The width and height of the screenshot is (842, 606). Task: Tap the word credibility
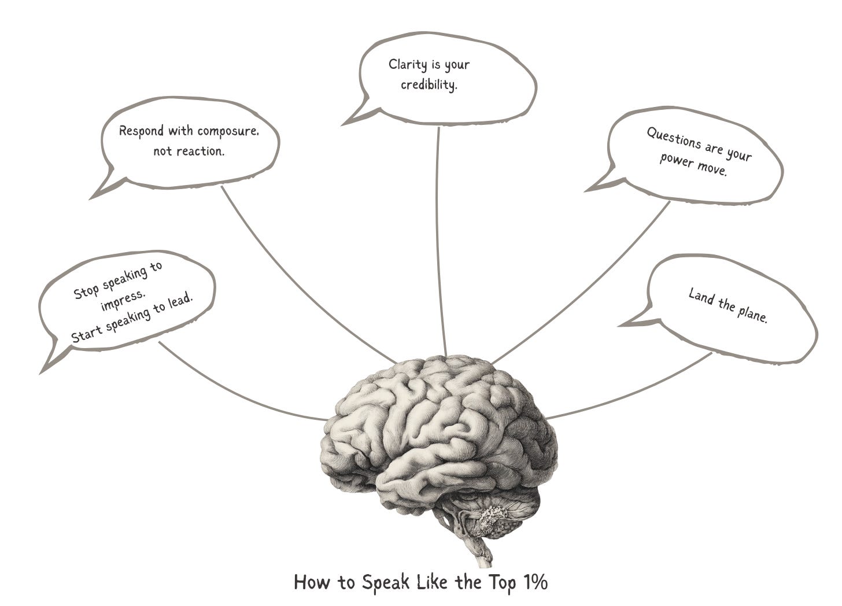[x=429, y=85]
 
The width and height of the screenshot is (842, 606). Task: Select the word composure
[x=227, y=131]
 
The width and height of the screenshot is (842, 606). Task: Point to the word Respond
[x=141, y=131]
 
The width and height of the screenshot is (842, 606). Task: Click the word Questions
[x=674, y=138]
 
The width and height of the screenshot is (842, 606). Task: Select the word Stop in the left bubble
[x=86, y=290]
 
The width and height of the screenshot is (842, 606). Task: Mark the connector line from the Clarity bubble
[x=441, y=243]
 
